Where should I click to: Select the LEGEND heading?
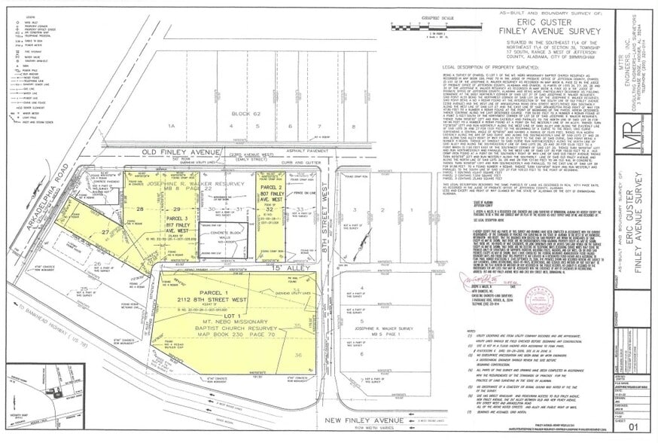(x=30, y=18)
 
